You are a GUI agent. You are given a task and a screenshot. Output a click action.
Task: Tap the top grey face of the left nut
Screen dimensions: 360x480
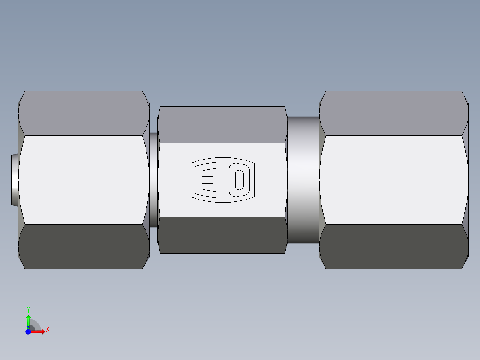(84, 113)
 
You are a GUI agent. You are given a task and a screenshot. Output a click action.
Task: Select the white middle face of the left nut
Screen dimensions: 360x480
(84, 180)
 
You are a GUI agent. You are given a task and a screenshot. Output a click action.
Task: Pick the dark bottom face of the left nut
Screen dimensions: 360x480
(84, 246)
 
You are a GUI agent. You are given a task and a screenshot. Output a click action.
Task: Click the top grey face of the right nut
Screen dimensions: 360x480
(394, 113)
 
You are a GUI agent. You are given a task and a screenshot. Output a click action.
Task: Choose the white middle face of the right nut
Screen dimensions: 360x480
(394, 180)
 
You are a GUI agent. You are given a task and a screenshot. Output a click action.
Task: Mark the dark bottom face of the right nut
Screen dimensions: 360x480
(394, 246)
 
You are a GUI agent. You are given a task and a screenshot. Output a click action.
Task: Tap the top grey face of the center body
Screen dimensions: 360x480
(222, 125)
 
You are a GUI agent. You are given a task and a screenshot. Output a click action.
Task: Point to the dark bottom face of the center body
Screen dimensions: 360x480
(222, 235)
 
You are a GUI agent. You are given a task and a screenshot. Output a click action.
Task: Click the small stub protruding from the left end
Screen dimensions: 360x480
(14, 180)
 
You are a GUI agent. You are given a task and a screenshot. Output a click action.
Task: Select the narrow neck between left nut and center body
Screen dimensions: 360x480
(154, 180)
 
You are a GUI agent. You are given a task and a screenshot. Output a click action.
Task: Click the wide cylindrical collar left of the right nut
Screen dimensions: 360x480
(303, 180)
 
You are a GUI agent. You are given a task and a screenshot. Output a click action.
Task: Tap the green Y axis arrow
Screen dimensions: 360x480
(28, 320)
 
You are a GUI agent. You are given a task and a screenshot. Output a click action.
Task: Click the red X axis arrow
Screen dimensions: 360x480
(39, 331)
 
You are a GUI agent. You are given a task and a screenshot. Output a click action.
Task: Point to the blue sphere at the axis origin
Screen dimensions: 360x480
(28, 331)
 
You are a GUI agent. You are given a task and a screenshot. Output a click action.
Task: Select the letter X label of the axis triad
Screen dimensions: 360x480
(47, 330)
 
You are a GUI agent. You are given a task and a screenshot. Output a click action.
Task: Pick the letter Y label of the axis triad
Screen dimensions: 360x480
(28, 310)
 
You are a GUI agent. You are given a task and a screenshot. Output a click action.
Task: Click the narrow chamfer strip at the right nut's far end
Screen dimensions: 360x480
(465, 180)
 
